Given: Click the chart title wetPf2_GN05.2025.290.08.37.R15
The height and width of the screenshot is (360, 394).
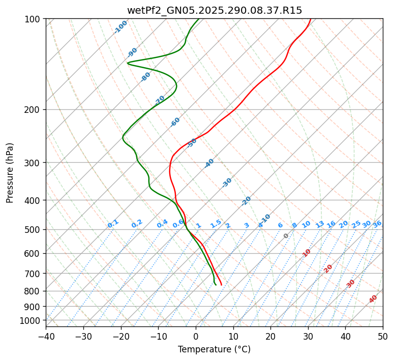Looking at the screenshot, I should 214,11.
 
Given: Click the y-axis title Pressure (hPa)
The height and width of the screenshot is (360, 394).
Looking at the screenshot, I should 10,172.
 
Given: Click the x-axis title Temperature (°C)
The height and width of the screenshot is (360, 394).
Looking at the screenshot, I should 214,350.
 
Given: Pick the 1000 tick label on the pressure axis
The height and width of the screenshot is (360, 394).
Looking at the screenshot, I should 31,321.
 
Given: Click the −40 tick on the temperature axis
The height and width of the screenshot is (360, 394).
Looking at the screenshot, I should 46,337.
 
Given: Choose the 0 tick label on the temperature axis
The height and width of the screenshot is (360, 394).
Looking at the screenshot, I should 196,337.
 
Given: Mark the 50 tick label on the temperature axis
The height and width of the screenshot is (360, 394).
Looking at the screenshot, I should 383,337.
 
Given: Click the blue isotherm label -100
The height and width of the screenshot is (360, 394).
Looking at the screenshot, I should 121,27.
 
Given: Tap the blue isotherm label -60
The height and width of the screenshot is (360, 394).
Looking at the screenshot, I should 175,122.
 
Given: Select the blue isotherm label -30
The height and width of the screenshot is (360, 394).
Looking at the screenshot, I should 227,183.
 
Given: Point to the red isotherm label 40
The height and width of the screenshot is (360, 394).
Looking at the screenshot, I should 373,299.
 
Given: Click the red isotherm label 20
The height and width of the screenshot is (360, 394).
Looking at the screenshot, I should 328,268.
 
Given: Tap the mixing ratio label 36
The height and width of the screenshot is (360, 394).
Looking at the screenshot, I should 377,224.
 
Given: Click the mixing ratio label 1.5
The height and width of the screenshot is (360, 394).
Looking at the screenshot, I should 216,224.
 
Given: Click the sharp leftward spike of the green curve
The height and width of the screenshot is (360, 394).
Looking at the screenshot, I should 128,63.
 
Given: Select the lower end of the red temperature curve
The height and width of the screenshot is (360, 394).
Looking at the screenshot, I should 221,284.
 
